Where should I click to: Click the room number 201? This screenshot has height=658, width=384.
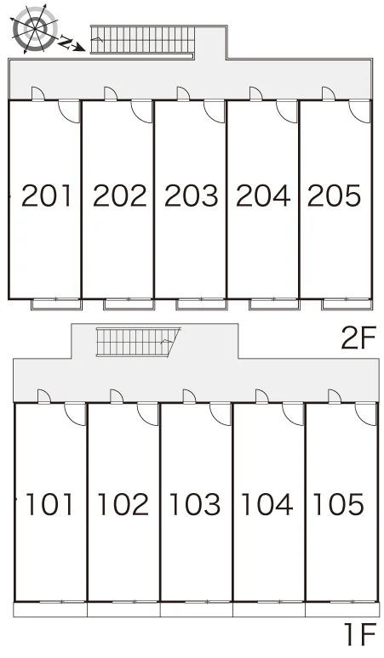47,196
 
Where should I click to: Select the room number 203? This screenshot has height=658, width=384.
192,196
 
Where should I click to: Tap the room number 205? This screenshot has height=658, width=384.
335,196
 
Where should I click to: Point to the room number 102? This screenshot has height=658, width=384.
123,504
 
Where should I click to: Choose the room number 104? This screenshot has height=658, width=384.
267,504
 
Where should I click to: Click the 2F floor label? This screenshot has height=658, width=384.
358,338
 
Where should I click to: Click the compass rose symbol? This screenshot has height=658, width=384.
34,29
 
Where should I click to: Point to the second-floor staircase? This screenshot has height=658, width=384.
143,39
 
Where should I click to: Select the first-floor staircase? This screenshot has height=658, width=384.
137,342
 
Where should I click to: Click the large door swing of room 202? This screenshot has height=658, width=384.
142,111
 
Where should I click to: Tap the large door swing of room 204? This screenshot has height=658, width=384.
288,111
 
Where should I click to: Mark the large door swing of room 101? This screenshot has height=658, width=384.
76,414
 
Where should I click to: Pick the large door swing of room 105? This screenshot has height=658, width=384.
366,414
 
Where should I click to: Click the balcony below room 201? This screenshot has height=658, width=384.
56,303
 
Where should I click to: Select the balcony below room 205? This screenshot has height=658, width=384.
347,303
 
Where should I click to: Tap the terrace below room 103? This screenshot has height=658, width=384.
196,609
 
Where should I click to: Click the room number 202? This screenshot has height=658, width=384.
120,196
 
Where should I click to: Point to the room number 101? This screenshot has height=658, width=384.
49,504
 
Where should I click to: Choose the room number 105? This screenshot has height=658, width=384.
339,504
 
